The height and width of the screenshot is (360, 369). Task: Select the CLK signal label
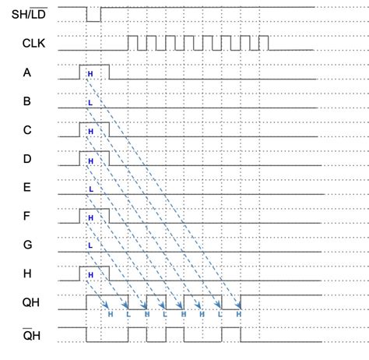(x=33, y=43)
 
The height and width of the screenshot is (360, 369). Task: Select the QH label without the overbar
(x=30, y=302)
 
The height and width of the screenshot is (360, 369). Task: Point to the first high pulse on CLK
(x=132, y=42)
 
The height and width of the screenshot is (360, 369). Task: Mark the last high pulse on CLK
(x=263, y=42)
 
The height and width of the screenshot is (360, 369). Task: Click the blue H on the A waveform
(x=90, y=73)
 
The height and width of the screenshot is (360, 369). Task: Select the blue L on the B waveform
(x=90, y=102)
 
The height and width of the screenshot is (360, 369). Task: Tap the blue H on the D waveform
(x=90, y=161)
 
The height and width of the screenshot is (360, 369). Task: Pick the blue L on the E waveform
(x=90, y=189)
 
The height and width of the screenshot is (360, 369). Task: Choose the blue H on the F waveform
(x=90, y=218)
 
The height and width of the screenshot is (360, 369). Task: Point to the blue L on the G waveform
(x=90, y=246)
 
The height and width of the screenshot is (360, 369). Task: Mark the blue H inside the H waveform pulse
(x=90, y=275)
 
